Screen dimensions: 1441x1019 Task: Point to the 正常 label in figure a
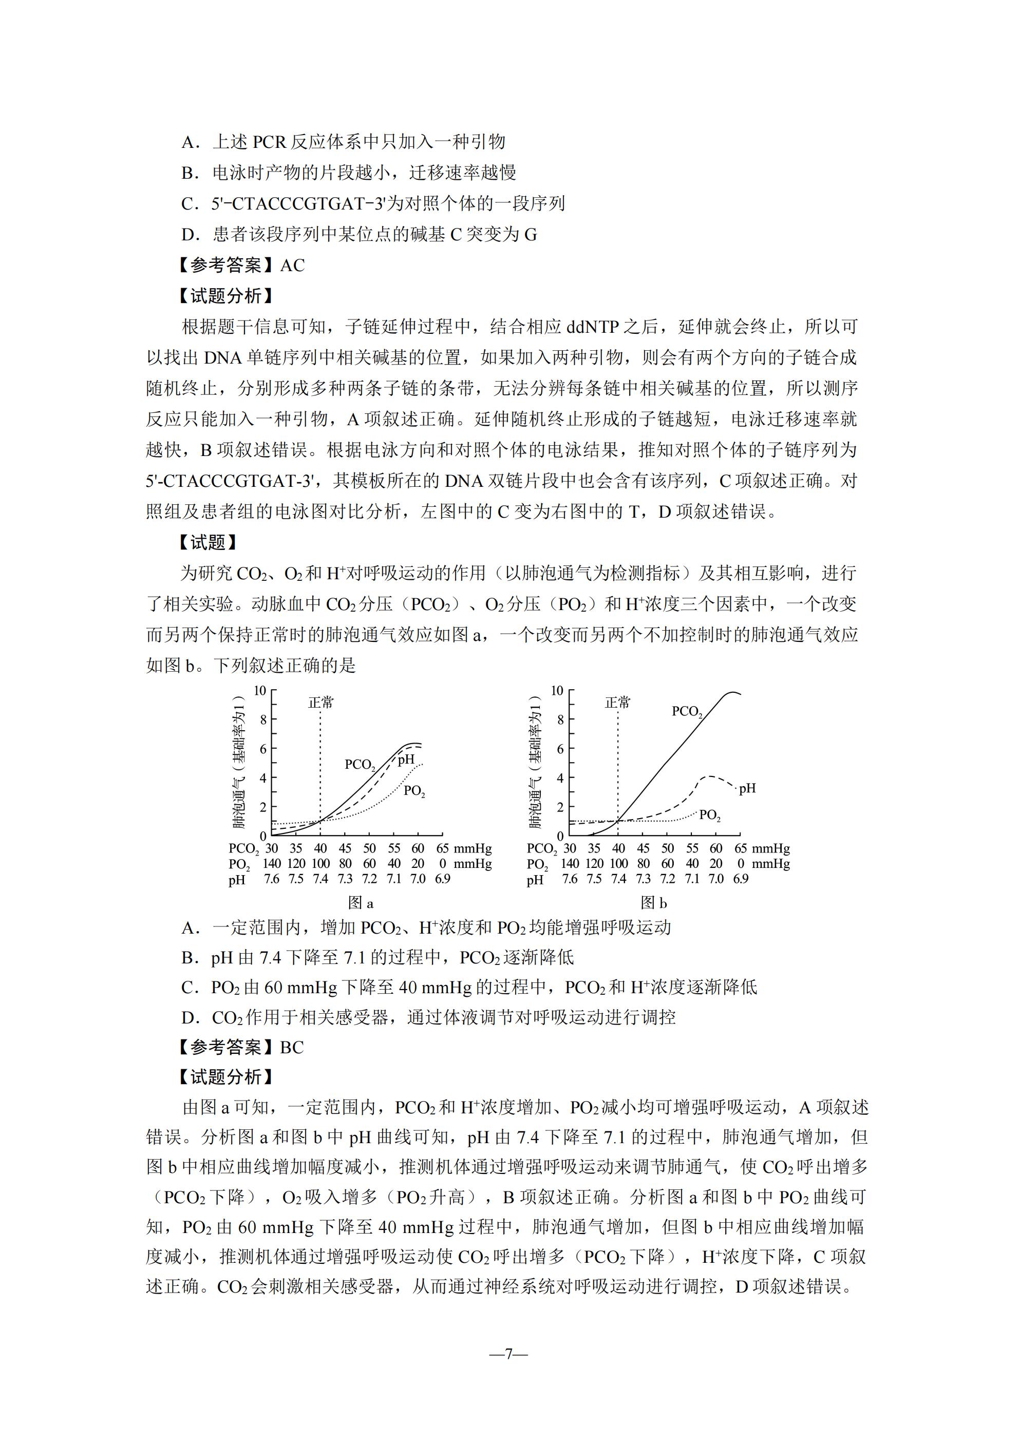coord(321,703)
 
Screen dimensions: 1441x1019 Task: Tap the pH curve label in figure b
coord(747,788)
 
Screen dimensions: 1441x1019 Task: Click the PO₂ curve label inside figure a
coord(414,791)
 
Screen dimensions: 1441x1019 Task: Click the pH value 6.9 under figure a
coord(443,879)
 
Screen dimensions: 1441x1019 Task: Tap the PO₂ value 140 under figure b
coord(570,864)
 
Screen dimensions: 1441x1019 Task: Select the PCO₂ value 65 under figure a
coord(443,848)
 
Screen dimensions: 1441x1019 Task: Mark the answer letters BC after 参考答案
coord(291,1047)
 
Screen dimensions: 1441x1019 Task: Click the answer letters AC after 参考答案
coord(292,266)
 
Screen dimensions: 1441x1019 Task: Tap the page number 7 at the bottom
coord(508,1354)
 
